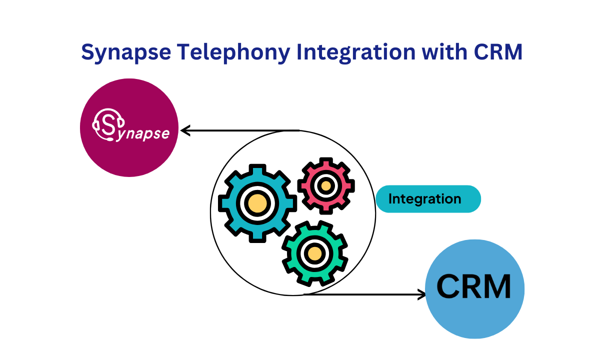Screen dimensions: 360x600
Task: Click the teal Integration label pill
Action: pyautogui.click(x=428, y=199)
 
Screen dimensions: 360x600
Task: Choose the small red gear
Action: pyautogui.click(x=326, y=185)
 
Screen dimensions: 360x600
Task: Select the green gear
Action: pyautogui.click(x=314, y=253)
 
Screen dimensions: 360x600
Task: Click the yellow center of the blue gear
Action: pyautogui.click(x=257, y=203)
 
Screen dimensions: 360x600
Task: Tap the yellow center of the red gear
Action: pyautogui.click(x=326, y=185)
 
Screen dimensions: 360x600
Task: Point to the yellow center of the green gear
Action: pyautogui.click(x=314, y=253)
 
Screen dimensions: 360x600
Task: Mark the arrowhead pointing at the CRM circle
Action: pyautogui.click(x=421, y=294)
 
